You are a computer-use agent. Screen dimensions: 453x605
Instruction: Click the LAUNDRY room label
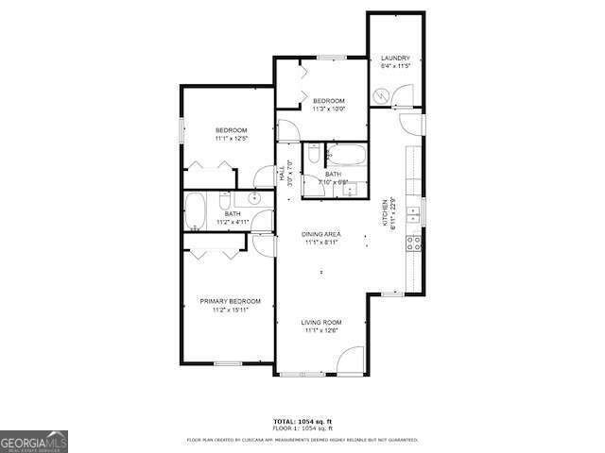coord(395,58)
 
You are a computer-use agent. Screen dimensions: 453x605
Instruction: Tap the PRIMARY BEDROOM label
coord(230,301)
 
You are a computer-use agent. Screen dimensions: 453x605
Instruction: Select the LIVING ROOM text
coord(322,322)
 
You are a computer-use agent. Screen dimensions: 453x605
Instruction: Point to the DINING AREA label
coord(321,233)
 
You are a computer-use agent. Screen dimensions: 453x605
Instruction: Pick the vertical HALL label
coord(282,175)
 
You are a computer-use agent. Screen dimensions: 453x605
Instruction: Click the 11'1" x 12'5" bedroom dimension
coord(231,139)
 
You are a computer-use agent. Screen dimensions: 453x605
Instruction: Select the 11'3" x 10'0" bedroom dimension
coord(328,109)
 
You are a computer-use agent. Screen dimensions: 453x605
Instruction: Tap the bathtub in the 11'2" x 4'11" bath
coord(196,211)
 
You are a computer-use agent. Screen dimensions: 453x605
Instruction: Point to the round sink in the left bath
coord(254,198)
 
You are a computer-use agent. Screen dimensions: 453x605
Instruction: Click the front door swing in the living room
coord(351,360)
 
